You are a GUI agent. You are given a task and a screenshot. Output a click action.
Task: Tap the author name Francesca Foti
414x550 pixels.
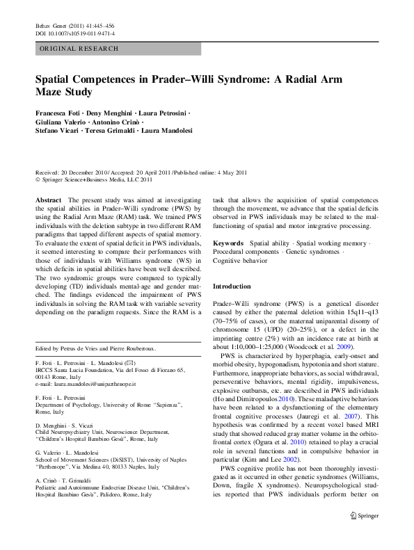pyautogui.click(x=58, y=113)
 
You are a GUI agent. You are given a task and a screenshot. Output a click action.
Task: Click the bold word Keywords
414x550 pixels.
pyautogui.click(x=228, y=243)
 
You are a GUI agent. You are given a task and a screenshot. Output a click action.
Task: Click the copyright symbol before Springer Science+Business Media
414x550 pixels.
pyautogui.click(x=38, y=179)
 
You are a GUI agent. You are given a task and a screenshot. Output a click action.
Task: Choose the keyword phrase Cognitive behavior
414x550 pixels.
pyautogui.click(x=240, y=261)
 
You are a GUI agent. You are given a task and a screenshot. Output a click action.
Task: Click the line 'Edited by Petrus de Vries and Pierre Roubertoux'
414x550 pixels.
pyautogui.click(x=96, y=348)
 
